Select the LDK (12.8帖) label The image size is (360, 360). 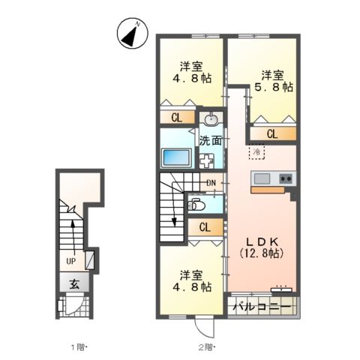(x=261, y=247)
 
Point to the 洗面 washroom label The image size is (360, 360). (x=211, y=140)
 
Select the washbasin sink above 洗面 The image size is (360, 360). (x=211, y=120)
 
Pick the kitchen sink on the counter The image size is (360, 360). (x=262, y=178)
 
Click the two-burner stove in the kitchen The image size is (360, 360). (x=286, y=178)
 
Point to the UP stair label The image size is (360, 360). (x=70, y=261)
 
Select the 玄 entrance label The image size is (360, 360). (x=75, y=283)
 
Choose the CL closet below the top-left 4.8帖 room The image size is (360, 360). (x=176, y=117)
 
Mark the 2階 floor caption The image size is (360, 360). (x=205, y=346)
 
